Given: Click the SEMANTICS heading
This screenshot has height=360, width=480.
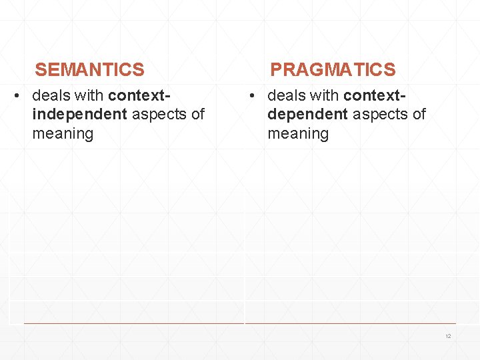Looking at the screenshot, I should click(89, 69).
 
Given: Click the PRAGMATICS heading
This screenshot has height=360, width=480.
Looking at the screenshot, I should click(332, 69).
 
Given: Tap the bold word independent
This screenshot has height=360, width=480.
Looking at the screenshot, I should click(79, 114).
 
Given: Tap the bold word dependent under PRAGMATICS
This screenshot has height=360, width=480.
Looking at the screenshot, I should click(307, 114).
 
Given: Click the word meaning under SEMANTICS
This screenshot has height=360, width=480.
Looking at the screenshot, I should click(63, 133).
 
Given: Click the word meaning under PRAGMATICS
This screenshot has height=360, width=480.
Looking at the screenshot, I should click(298, 133).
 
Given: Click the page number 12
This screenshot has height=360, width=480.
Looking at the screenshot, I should click(448, 336).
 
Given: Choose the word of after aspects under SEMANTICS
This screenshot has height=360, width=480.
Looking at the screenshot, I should click(197, 114).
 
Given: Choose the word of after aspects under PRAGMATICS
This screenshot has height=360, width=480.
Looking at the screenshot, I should click(419, 114).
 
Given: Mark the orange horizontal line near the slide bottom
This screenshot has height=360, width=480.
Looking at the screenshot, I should click(240, 324).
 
